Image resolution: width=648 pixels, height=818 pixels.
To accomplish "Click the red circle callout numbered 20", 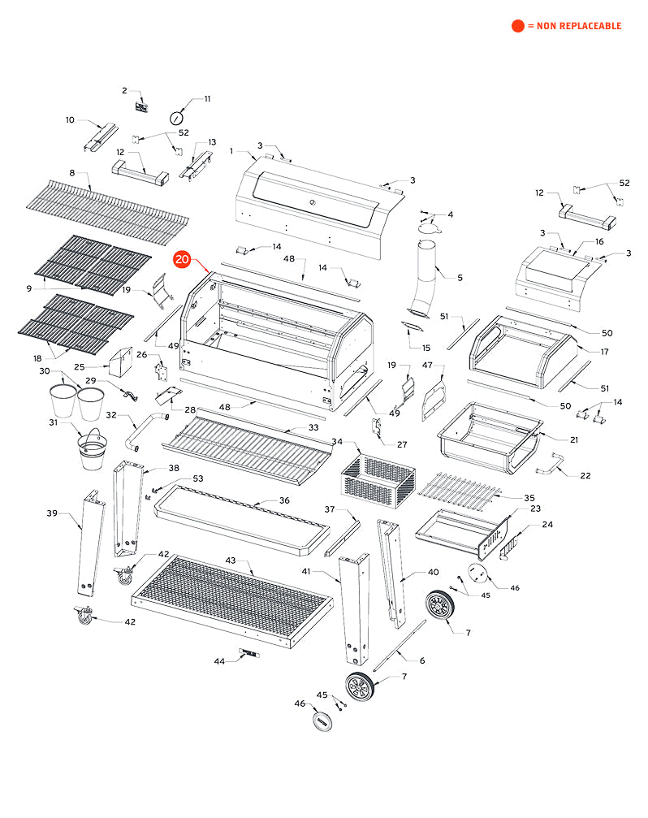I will pyautogui.click(x=182, y=260).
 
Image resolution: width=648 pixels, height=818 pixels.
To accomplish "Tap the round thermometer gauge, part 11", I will pyautogui.click(x=177, y=118).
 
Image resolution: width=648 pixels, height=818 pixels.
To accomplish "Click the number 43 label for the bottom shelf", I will pyautogui.click(x=231, y=561).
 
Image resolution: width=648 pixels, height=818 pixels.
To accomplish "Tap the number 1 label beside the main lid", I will pyautogui.click(x=231, y=151).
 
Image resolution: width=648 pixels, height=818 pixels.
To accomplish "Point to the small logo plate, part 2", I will pyautogui.click(x=141, y=106).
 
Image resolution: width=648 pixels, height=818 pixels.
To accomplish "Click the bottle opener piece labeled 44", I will pyautogui.click(x=248, y=653).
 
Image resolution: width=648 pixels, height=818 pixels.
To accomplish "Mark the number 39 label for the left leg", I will pyautogui.click(x=52, y=513).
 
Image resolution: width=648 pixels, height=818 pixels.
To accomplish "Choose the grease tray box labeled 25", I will pyautogui.click(x=122, y=362).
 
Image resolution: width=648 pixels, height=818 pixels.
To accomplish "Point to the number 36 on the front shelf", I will pyautogui.click(x=284, y=500).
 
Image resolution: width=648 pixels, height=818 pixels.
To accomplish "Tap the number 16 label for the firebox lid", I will pyautogui.click(x=599, y=241).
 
